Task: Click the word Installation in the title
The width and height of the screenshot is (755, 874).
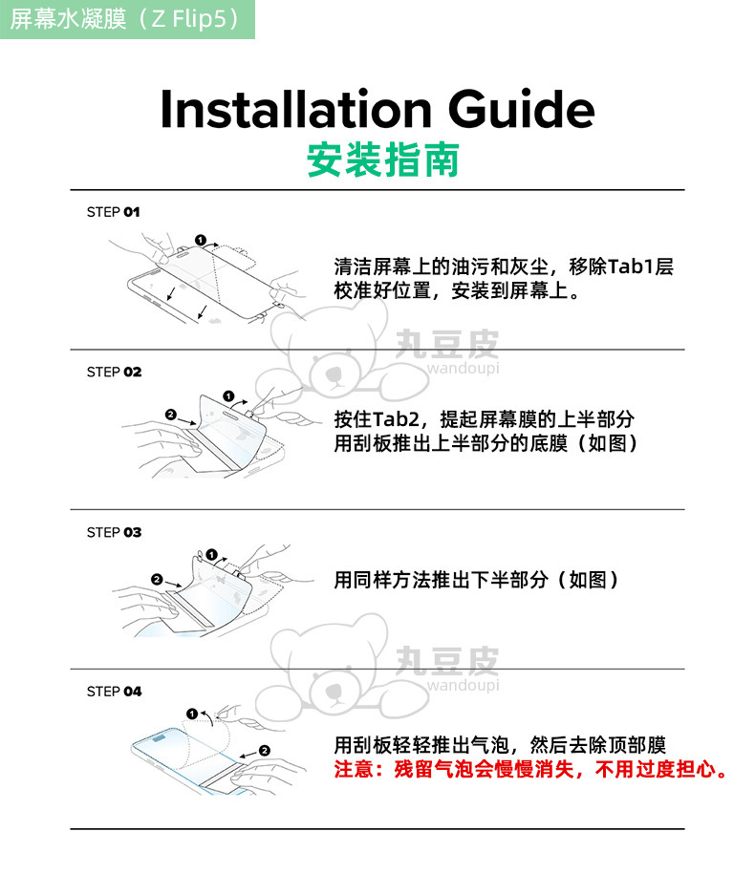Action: [296, 109]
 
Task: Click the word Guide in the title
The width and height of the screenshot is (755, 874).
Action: [522, 109]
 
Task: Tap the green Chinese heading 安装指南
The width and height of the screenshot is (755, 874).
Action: [383, 160]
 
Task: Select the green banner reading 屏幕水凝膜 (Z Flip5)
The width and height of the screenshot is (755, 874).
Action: [127, 19]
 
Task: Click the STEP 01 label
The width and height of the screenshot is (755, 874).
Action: [113, 212]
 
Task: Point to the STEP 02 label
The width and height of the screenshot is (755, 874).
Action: [114, 372]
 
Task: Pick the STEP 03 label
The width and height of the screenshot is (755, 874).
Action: [114, 532]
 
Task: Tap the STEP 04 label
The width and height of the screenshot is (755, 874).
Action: [114, 692]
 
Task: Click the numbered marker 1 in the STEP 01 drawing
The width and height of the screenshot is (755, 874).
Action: [201, 241]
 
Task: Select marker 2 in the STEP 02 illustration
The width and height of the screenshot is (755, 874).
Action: [171, 415]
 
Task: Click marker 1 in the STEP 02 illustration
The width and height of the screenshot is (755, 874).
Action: [228, 396]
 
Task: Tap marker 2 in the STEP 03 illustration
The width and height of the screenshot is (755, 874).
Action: [157, 580]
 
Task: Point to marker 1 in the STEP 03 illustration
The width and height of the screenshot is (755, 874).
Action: [211, 555]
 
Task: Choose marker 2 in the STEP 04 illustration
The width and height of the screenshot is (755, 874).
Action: [265, 751]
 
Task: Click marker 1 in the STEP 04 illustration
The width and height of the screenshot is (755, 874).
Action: [192, 714]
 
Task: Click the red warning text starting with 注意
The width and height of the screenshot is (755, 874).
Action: [531, 770]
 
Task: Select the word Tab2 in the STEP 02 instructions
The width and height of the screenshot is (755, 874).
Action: [396, 419]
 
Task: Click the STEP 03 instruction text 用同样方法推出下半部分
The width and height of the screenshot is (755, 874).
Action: [442, 580]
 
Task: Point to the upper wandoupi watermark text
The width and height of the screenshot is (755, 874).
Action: [463, 368]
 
